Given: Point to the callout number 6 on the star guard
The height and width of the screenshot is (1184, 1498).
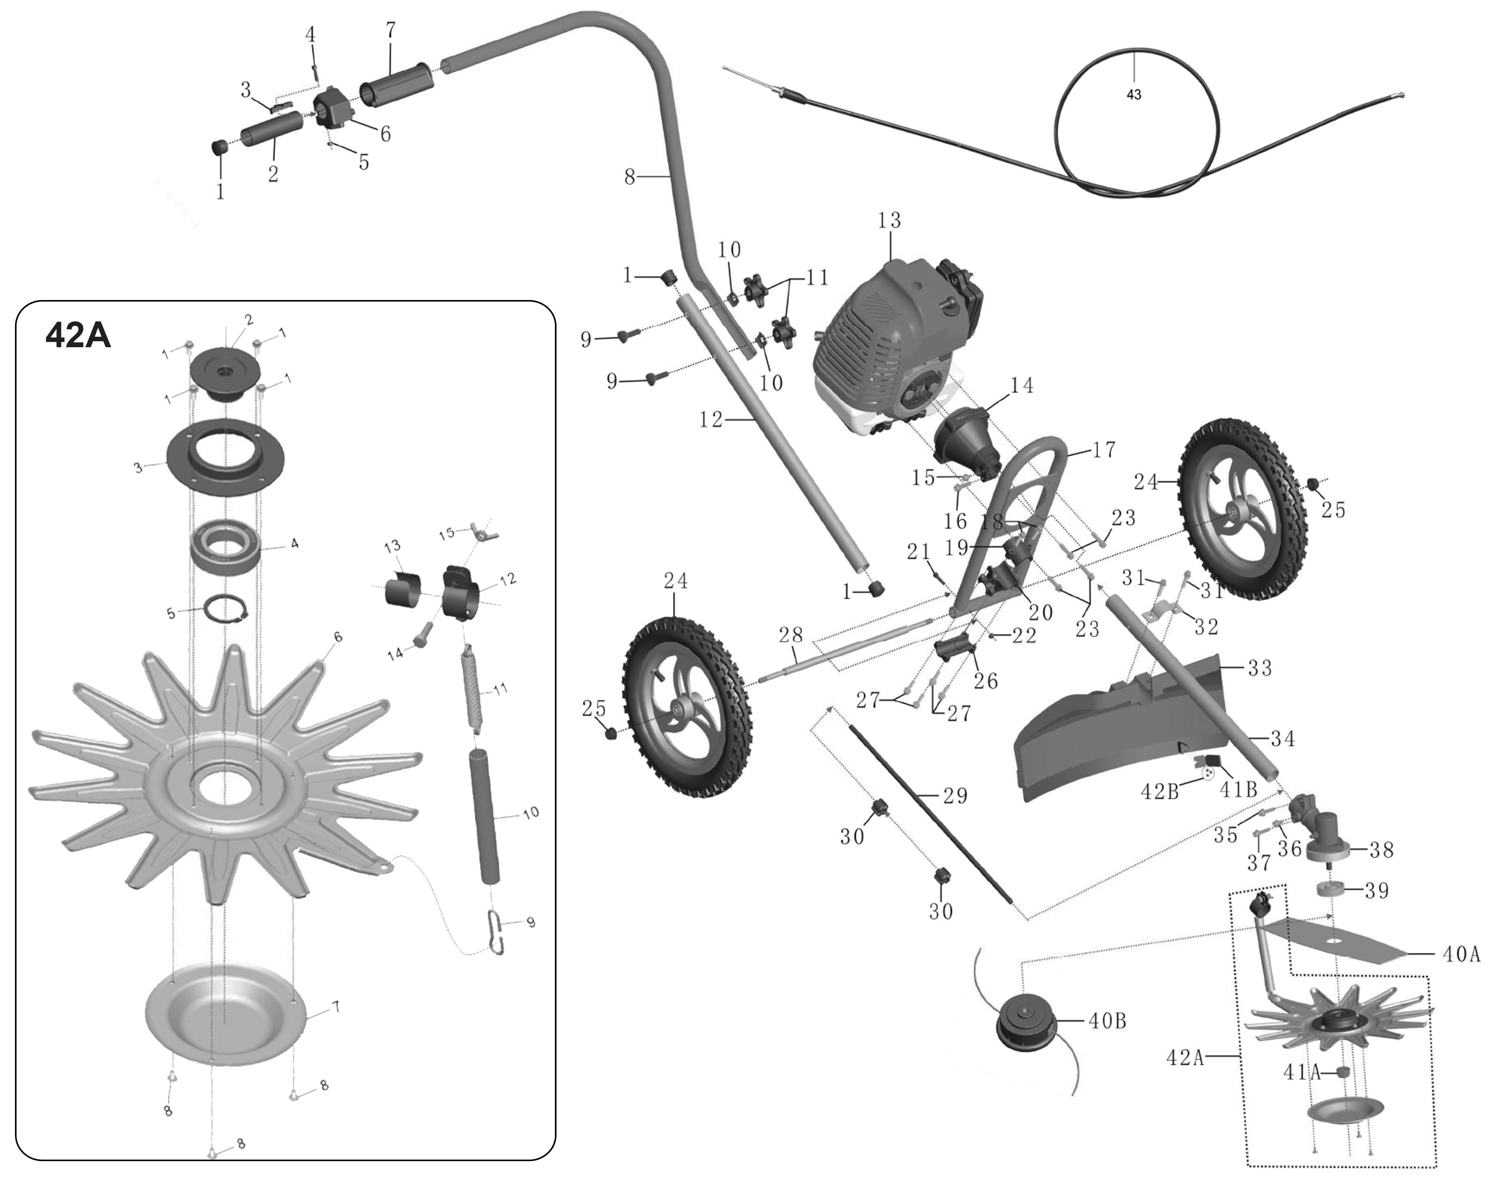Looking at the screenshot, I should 338,636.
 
